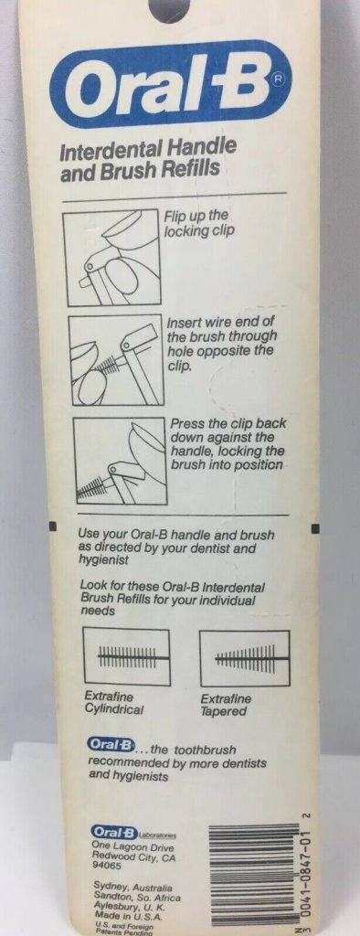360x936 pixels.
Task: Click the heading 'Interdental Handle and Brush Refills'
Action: pos(148,158)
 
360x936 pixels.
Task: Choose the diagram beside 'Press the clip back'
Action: pos(120,461)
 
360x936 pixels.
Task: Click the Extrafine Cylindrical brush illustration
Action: pos(127,657)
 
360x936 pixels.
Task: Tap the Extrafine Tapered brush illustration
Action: pos(245,658)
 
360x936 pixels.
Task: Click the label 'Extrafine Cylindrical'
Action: pos(114,703)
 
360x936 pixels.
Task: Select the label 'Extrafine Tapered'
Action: pos(227,705)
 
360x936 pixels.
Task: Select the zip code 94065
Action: pos(103,864)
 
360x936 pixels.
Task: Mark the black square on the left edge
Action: pos(52,526)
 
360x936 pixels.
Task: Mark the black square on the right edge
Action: pos(316,527)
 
